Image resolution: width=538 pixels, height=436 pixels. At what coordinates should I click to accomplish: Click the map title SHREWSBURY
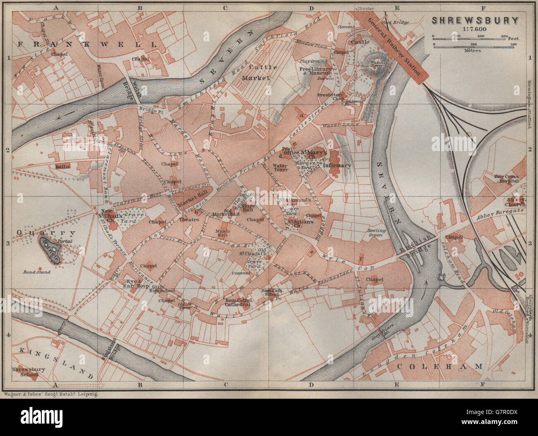(x=475, y=20)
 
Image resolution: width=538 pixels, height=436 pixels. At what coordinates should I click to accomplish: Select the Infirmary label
(x=337, y=165)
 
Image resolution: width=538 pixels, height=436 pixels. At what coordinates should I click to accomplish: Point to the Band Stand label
(x=37, y=272)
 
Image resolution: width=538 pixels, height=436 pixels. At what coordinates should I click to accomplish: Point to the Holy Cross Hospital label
(x=507, y=178)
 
